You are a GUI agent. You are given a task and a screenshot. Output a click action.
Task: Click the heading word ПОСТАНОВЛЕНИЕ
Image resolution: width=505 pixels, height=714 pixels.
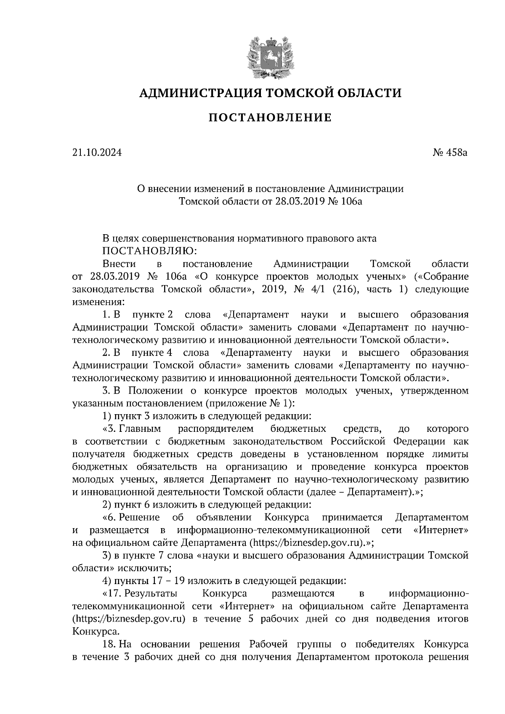[270, 118]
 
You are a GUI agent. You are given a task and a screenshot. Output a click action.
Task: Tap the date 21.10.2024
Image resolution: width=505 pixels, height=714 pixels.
[97, 153]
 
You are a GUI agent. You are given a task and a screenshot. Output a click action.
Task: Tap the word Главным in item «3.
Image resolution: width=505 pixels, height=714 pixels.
[141, 429]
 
